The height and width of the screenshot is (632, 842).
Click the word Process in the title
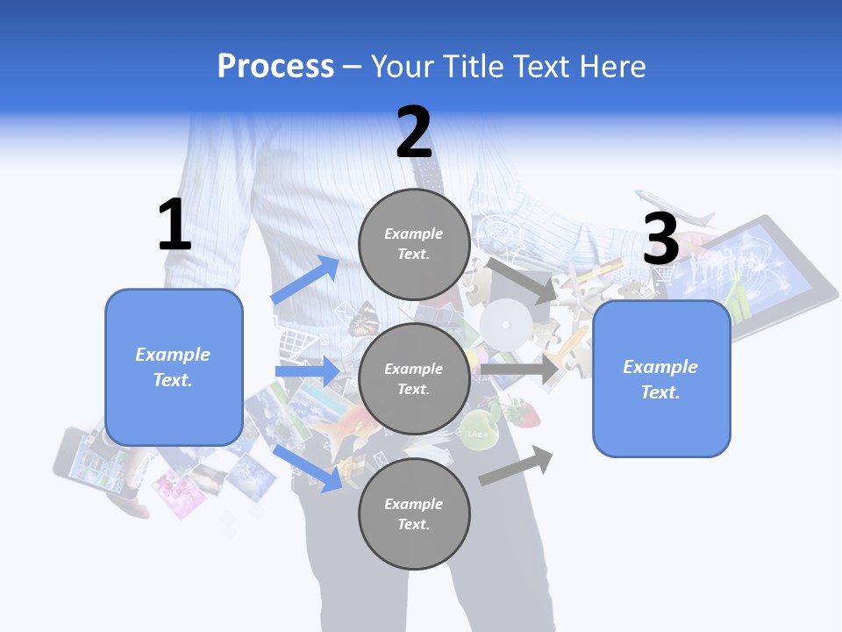[x=275, y=67]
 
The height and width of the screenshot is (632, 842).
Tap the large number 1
[x=175, y=225]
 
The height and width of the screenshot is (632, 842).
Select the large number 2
[x=414, y=133]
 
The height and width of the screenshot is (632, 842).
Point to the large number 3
[x=661, y=240]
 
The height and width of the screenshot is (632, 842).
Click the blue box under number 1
[x=174, y=367]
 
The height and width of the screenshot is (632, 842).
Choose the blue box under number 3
[x=661, y=379]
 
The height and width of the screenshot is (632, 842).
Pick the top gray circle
[x=414, y=244]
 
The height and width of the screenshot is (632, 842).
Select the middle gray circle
[x=414, y=378]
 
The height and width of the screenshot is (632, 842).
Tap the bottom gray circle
[x=414, y=513]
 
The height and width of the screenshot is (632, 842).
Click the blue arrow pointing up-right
[x=305, y=280]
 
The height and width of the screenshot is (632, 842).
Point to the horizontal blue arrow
[x=307, y=371]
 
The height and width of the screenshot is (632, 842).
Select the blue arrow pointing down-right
[x=307, y=468]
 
